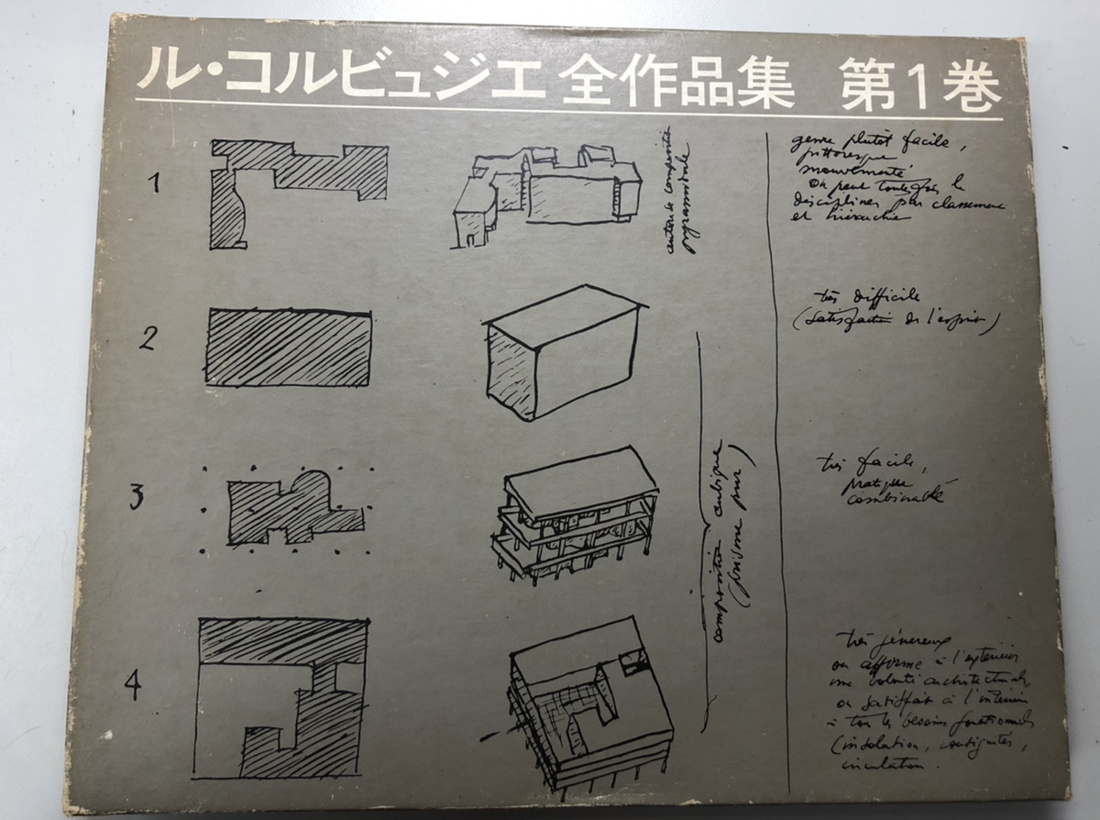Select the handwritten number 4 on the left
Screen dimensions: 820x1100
coord(134,683)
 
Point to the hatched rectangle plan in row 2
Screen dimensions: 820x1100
coord(289,348)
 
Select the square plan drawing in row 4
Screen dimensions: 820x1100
coord(283,697)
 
